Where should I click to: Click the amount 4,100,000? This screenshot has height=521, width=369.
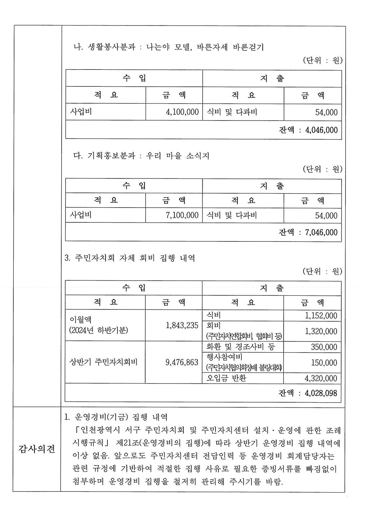[182, 112]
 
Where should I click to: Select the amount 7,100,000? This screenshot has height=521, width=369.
[182, 215]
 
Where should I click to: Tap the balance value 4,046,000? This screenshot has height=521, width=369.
[321, 130]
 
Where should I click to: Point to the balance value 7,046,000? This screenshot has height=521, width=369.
[321, 232]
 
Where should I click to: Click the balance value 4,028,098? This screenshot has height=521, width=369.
[321, 393]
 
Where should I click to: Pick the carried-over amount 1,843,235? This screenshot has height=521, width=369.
[182, 325]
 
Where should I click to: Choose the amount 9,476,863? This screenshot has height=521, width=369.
[182, 362]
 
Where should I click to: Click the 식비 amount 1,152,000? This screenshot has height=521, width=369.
[321, 316]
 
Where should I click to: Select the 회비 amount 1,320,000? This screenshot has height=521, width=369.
[321, 331]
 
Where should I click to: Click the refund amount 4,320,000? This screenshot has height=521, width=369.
[321, 378]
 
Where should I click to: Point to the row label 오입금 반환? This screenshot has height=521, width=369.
[226, 378]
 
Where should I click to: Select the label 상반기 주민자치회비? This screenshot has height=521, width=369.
[103, 362]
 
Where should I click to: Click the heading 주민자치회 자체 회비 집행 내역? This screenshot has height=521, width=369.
[135, 258]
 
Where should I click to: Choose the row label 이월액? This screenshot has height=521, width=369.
[80, 320]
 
